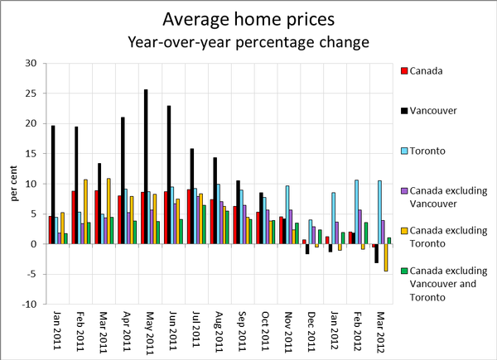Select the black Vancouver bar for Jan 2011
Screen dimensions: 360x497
[53, 185]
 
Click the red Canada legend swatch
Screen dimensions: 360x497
[403, 70]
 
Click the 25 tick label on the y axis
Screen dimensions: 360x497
[31, 94]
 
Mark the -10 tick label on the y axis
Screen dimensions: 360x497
[29, 305]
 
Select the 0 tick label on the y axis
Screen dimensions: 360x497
[33, 244]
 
